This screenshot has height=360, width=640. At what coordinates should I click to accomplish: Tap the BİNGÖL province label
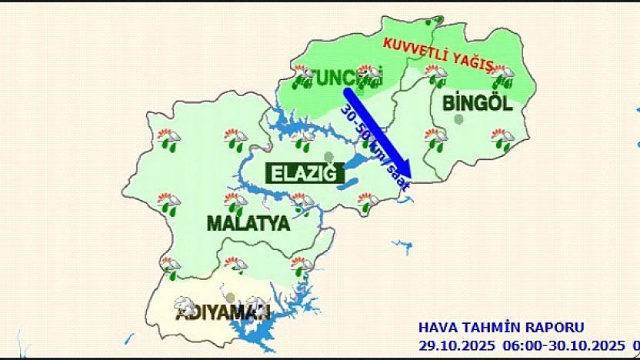tap(477, 103)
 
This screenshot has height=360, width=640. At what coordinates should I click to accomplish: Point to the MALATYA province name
tap(248, 224)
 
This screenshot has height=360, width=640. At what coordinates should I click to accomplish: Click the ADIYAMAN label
tap(222, 312)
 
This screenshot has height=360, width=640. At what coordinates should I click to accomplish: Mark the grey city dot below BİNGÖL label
tap(459, 119)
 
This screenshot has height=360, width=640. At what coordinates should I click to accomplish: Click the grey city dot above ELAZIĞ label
tap(329, 156)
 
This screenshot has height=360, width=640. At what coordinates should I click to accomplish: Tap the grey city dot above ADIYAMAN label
tap(229, 297)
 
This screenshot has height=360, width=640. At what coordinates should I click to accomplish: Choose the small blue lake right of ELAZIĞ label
tap(348, 184)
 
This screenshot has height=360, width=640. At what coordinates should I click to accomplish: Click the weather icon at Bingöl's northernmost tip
tap(437, 21)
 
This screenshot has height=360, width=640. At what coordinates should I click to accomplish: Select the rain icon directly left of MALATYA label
tap(170, 205)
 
